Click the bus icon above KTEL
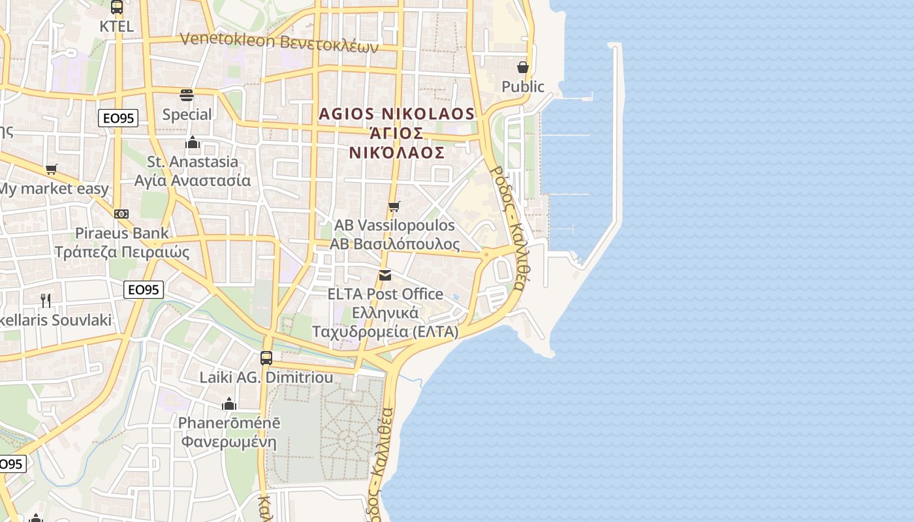tap(117, 7)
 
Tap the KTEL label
tap(117, 26)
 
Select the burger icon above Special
tap(187, 95)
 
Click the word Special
tap(187, 114)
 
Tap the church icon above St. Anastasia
tap(193, 142)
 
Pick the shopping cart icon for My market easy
tap(52, 170)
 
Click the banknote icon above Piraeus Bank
tap(121, 214)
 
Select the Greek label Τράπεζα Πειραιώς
tap(121, 253)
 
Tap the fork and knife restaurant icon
tap(46, 300)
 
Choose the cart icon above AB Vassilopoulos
tap(394, 206)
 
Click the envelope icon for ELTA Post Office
tap(385, 275)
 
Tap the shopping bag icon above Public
tap(523, 67)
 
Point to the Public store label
tap(523, 86)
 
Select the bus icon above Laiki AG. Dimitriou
tap(266, 358)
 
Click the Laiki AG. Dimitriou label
tap(266, 377)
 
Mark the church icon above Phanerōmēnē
tap(229, 404)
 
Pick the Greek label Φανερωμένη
tap(229, 442)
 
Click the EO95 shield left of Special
tap(118, 118)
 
